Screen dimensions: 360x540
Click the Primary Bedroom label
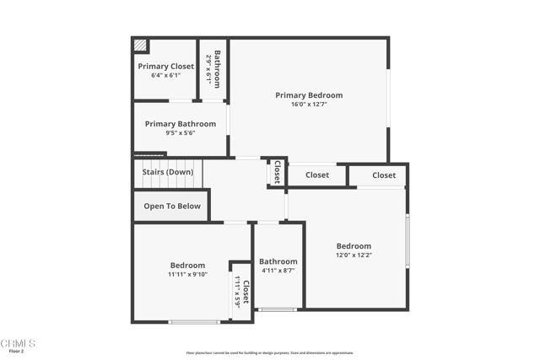[x=309, y=95]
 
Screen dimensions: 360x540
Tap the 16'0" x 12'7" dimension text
[x=309, y=105]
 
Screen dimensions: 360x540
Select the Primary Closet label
[x=165, y=66]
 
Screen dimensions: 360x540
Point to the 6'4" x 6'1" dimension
[x=165, y=75]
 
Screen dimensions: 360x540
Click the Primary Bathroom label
[x=180, y=124]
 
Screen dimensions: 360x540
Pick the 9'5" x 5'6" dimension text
[x=180, y=133]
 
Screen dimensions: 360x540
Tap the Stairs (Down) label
[x=167, y=172]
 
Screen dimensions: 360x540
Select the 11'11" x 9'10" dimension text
[x=187, y=274]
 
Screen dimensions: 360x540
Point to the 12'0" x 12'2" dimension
[x=354, y=255]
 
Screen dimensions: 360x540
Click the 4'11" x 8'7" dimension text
[x=278, y=271]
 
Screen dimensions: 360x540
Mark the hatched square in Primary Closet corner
[x=140, y=46]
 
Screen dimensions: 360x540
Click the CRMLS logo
[x=18, y=343]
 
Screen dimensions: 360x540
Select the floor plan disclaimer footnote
[x=269, y=353]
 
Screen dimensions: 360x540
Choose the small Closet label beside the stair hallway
[x=276, y=172]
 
